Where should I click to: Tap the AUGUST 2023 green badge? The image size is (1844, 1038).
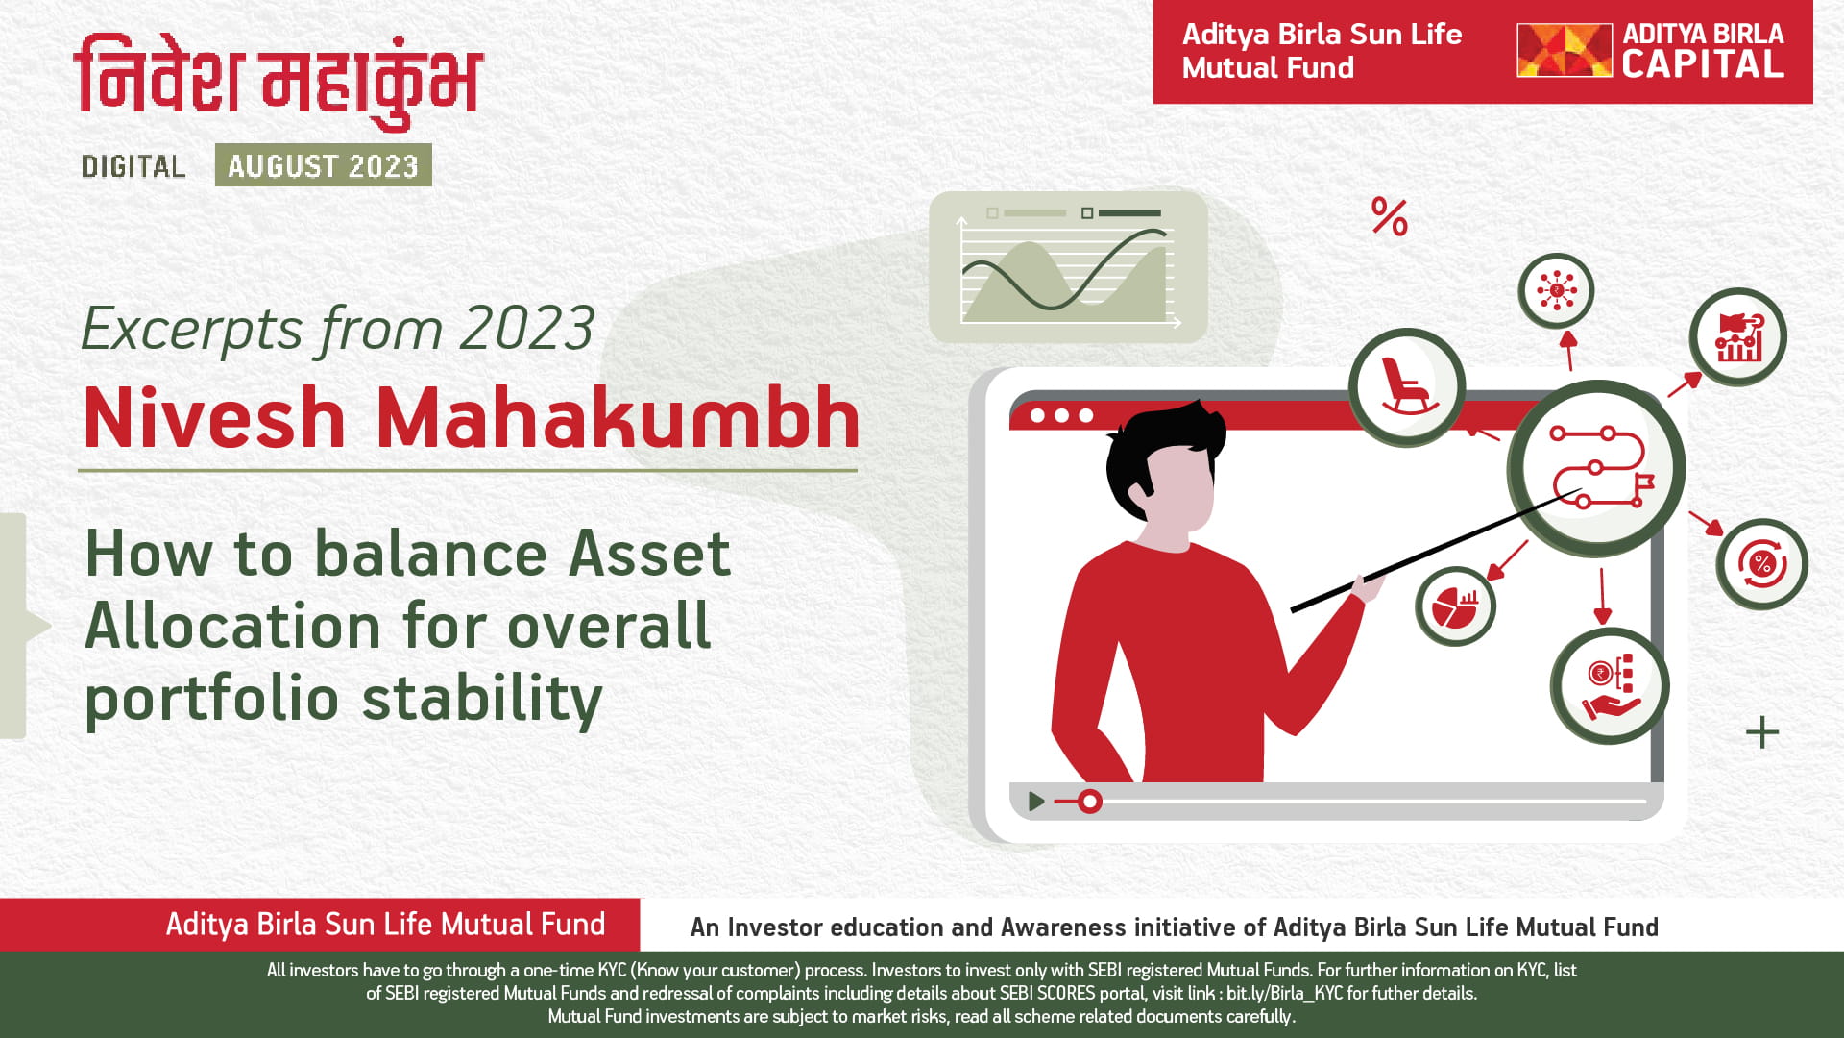324,165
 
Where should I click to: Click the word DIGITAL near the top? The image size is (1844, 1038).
133,166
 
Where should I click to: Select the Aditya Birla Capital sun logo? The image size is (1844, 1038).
1564,51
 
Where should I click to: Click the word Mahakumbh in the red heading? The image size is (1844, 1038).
618,418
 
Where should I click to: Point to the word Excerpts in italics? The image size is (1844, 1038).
192,330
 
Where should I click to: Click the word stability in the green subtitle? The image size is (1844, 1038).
482,699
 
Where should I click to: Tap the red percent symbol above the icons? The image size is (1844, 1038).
1389,217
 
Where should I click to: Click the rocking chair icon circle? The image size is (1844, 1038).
1407,387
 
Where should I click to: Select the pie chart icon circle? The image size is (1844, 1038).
1455,606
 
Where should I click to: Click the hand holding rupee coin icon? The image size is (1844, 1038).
1610,686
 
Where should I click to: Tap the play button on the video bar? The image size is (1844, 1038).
1035,801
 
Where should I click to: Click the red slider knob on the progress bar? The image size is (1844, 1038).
1089,801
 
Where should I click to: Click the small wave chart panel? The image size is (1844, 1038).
1068,267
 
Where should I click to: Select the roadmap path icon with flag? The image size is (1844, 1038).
1597,468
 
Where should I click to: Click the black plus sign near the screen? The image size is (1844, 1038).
1762,732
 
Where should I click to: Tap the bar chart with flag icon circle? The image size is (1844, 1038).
1737,337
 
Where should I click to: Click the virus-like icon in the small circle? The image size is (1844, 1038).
1556,290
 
